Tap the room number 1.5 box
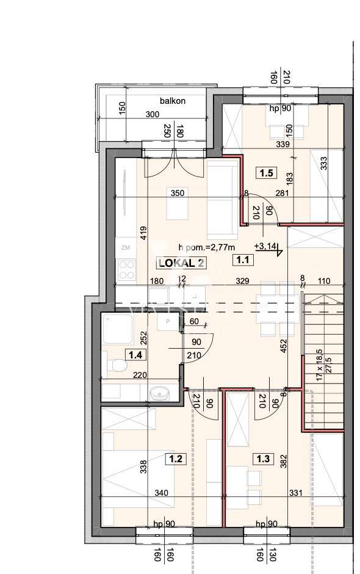pos(266,173)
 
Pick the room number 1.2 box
pos(176,459)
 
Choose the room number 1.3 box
pos(264,459)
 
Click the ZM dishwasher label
pos(125,247)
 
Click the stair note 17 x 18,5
pos(319,368)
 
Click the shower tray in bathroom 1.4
pos(115,330)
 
